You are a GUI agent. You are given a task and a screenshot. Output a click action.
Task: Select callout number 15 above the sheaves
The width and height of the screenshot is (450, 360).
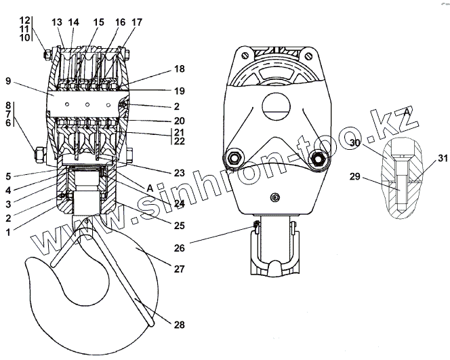pos(100,22)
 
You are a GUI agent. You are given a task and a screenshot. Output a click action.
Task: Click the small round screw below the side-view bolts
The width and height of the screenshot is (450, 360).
pos(274,197)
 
